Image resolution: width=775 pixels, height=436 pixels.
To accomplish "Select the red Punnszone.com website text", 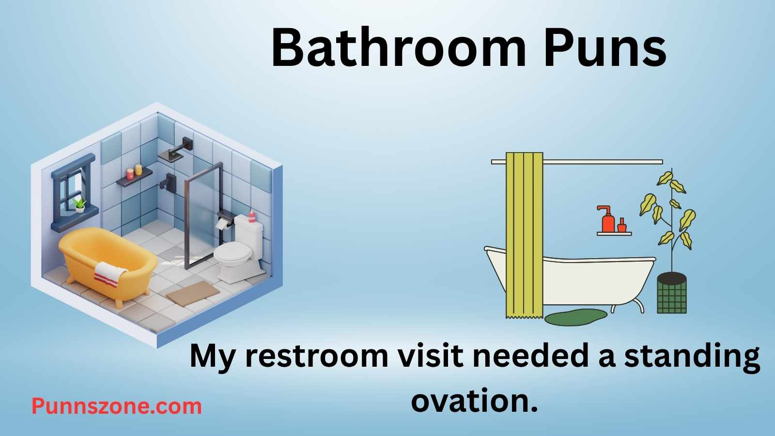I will click(117, 405).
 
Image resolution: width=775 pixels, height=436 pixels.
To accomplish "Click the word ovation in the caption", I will click(474, 401).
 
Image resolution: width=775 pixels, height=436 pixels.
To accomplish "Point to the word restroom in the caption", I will click(317, 357).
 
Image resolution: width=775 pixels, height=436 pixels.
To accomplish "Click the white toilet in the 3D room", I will click(237, 254).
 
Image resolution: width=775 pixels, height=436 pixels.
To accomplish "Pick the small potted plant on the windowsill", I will click(79, 205).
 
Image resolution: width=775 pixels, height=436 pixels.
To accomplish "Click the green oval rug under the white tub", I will click(576, 316).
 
